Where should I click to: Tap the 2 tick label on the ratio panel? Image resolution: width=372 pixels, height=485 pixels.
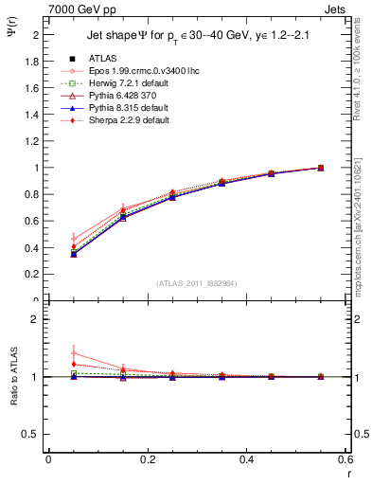tap(38, 320)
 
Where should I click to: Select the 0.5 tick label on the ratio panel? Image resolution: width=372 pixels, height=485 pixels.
tap(33, 434)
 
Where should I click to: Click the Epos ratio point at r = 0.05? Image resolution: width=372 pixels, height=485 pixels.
tap(73, 353)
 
